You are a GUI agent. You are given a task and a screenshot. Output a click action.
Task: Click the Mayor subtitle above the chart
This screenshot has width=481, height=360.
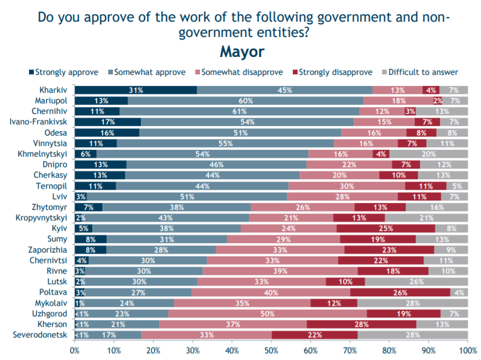click(x=242, y=52)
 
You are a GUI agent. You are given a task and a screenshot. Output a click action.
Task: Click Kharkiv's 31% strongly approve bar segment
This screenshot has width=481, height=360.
click(x=136, y=90)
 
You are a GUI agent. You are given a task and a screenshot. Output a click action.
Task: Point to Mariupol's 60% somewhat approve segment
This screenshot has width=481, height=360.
click(x=245, y=101)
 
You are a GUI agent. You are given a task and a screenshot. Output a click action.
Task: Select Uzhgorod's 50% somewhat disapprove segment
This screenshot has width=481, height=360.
click(x=267, y=314)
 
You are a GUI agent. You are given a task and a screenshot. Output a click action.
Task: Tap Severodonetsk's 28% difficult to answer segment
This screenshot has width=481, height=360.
click(x=412, y=335)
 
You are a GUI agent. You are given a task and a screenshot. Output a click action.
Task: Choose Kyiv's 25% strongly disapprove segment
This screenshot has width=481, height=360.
click(x=386, y=228)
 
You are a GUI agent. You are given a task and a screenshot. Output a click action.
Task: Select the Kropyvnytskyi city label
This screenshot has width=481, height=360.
click(x=41, y=218)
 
